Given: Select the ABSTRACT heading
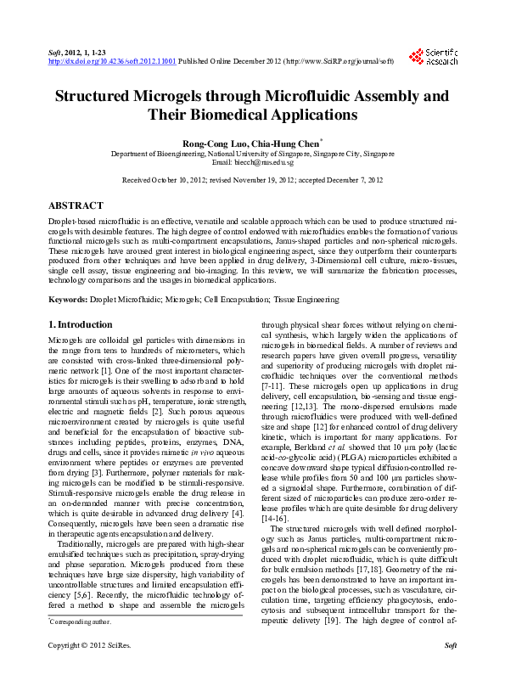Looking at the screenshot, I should point(76,205).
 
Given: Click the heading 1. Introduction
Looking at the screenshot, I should point(80,324).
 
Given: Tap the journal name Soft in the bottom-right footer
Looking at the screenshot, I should point(451,670).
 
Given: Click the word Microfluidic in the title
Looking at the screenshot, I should point(319,96).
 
